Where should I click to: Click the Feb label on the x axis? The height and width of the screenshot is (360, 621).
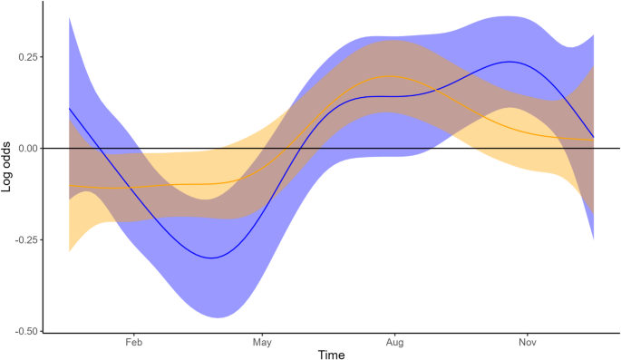coord(133,345)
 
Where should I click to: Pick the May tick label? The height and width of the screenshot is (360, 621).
coord(262,345)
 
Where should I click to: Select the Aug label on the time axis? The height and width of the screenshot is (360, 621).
coord(394,345)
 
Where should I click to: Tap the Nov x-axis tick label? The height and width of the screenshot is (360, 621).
coord(526,345)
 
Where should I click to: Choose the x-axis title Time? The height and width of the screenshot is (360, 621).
coord(331,355)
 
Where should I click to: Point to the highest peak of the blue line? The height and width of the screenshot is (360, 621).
coord(512,62)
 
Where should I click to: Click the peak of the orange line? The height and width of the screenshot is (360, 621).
coord(392,76)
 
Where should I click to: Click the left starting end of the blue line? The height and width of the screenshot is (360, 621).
coord(70,108)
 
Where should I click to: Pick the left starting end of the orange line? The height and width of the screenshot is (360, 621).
coord(70,186)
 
